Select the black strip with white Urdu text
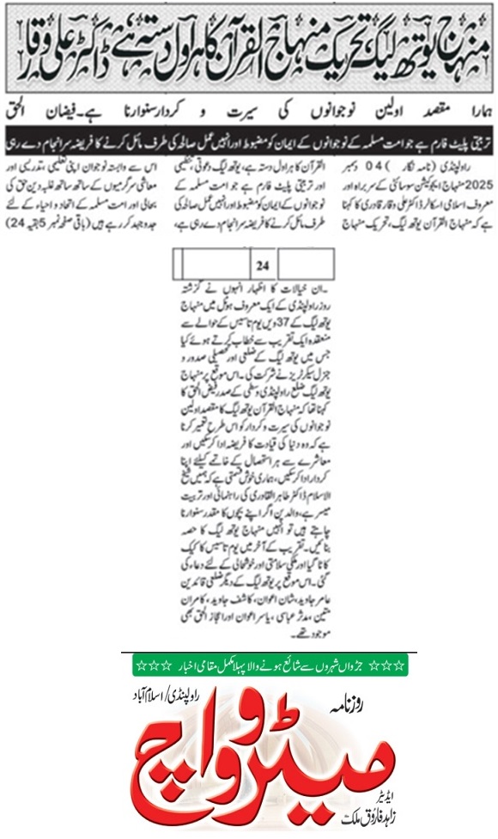[x=248, y=136]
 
